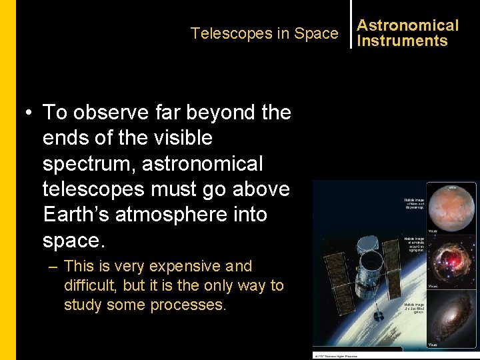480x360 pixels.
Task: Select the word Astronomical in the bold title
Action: [x=408, y=25]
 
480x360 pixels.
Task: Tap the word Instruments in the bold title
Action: [x=402, y=41]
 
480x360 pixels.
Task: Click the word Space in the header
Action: [x=316, y=33]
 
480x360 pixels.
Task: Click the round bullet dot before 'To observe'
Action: [x=31, y=113]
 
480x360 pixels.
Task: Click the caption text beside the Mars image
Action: [x=413, y=202]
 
